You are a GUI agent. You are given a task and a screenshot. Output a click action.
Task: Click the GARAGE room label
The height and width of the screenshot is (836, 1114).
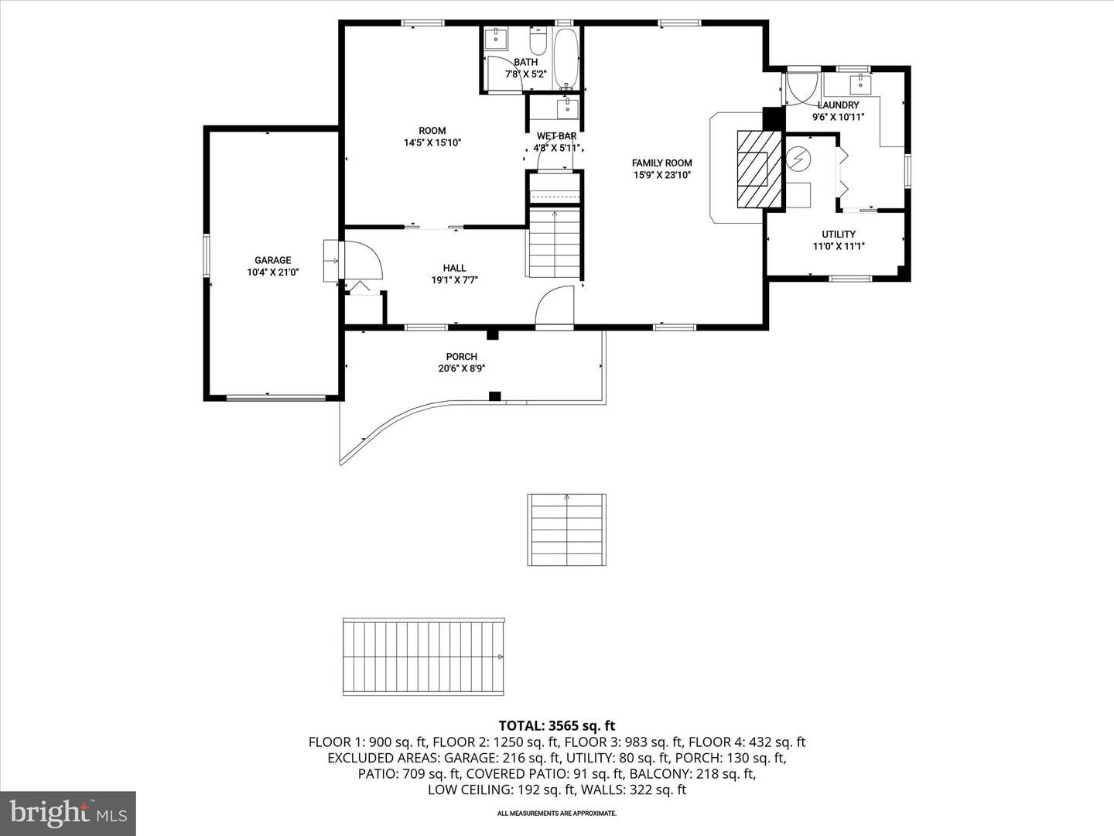(273, 261)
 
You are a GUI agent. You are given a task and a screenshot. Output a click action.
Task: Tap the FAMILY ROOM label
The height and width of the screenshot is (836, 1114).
(661, 163)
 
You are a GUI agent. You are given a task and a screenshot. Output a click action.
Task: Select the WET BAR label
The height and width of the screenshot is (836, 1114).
(556, 136)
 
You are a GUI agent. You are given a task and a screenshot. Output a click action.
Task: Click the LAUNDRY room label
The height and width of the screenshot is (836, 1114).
(838, 105)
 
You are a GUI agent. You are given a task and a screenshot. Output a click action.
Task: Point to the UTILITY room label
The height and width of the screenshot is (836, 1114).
(839, 235)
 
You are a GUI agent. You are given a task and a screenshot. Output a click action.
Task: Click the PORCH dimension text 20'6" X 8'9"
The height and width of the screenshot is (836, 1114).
(462, 369)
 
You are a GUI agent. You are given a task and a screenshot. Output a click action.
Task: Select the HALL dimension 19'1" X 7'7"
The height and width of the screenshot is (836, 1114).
(455, 280)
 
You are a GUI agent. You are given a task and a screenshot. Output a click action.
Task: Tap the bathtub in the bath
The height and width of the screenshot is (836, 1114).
(566, 59)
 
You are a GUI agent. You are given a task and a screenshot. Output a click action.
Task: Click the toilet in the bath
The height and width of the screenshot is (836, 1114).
(538, 39)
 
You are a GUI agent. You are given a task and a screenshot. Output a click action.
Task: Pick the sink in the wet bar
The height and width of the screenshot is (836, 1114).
(567, 106)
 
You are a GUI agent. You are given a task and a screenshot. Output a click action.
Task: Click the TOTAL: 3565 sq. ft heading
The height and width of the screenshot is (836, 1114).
(556, 725)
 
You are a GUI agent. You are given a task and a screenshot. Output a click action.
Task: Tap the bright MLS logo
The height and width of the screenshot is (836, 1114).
(68, 813)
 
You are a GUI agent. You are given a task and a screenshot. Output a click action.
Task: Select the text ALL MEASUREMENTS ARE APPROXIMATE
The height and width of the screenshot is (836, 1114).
(556, 814)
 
